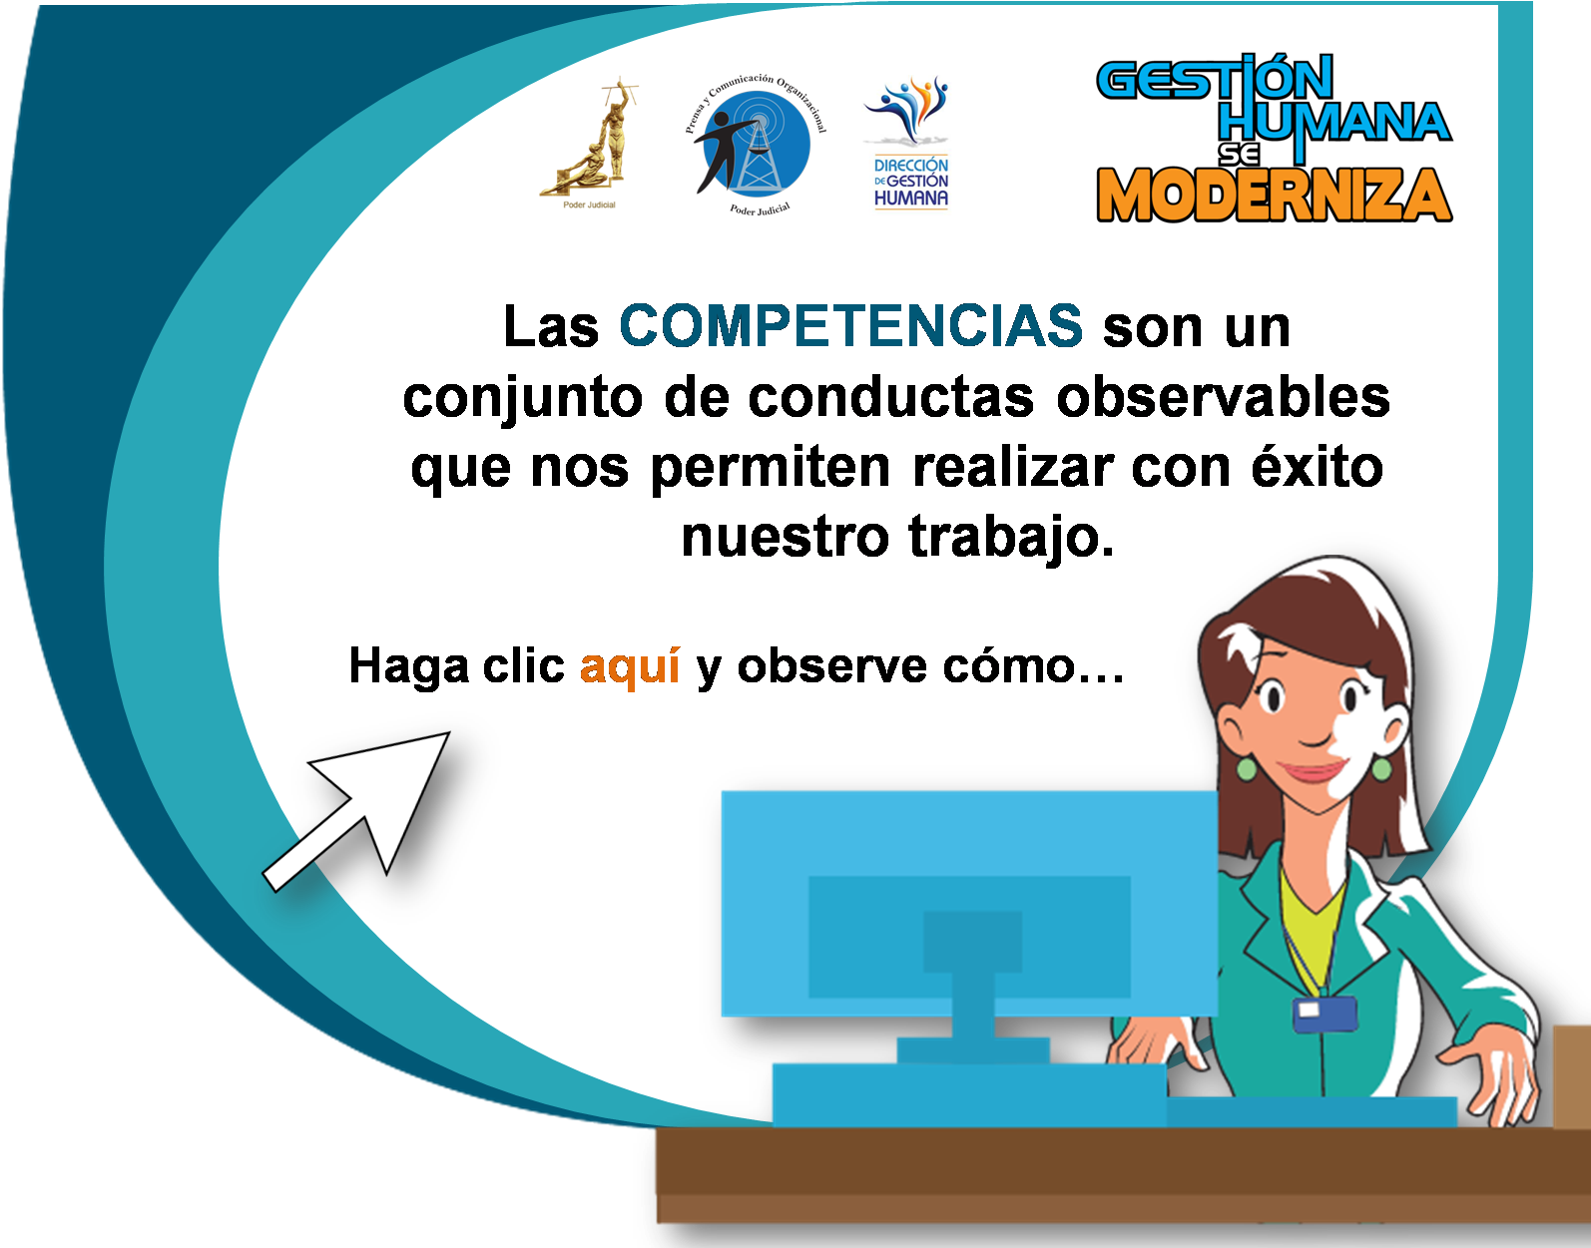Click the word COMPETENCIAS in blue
[x=850, y=325]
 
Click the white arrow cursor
[x=356, y=811]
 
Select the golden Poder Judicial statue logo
[x=590, y=143]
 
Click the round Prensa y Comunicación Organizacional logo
[x=757, y=144]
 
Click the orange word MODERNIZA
[x=1274, y=194]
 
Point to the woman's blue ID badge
[x=1325, y=1015]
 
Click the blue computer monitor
[x=969, y=906]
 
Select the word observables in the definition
[x=1223, y=398]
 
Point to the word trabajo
[x=1010, y=539]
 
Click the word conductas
[x=890, y=398]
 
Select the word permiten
[x=771, y=469]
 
